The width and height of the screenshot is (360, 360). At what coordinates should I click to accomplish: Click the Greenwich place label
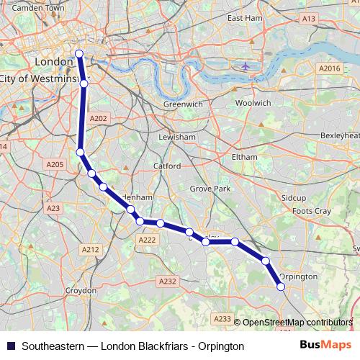(x=183, y=104)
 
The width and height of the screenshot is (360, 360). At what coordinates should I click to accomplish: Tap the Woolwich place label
(x=253, y=103)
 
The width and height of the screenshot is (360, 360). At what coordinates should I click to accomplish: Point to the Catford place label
(x=166, y=166)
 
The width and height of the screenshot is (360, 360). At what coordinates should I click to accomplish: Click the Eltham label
(x=243, y=156)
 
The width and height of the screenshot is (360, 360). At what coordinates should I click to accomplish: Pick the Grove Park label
(x=210, y=189)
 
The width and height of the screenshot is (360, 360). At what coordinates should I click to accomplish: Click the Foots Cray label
(x=312, y=211)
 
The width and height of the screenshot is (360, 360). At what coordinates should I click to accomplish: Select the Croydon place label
(x=81, y=290)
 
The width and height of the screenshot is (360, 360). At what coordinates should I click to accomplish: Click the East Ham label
(x=244, y=17)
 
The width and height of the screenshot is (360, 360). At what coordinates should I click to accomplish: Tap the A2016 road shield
(x=329, y=68)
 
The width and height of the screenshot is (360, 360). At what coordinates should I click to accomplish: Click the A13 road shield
(x=308, y=18)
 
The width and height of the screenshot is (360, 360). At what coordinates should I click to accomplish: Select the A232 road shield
(x=167, y=282)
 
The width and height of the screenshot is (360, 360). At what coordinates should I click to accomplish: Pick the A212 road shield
(x=90, y=249)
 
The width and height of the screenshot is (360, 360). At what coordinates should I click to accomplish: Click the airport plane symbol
(x=246, y=66)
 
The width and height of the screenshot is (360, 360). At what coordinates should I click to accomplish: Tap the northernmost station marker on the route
(x=79, y=53)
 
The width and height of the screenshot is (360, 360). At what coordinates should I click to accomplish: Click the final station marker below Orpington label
(x=281, y=287)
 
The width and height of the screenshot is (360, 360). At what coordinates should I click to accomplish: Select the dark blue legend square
(x=10, y=346)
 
